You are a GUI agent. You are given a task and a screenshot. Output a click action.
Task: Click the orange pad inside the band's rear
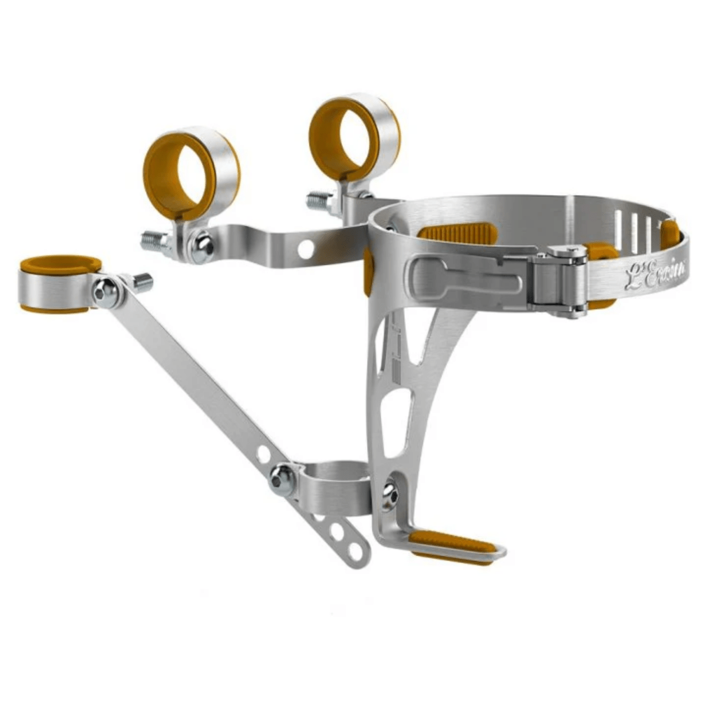tap(454, 230)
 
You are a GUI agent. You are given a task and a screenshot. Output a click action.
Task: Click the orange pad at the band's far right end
tap(670, 234)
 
